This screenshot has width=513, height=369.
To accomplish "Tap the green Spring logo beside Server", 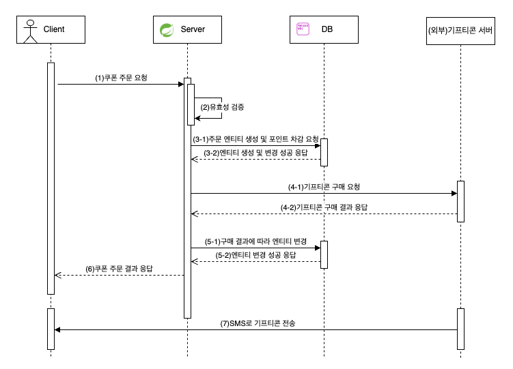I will coord(166,29).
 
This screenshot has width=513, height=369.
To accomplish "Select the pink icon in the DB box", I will coord(303,29).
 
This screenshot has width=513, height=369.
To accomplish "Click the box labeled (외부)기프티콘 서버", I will coord(460,29).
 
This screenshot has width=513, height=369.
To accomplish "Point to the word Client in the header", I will coord(54,29).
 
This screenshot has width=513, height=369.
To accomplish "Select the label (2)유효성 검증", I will coord(223,108).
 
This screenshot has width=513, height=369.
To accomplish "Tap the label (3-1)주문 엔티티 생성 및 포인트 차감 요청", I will coord(255,139).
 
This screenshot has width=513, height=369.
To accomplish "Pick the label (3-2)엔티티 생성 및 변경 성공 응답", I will coord(255,153).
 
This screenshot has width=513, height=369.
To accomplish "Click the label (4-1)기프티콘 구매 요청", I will coord(324,187).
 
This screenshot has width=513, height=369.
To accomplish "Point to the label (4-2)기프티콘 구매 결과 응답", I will coord(324,207).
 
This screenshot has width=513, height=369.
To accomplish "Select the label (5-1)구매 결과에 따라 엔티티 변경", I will coord(255,241).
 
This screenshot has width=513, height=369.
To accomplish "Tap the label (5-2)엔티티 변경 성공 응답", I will coord(255,255).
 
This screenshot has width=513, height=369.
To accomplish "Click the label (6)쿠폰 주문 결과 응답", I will coord(119,269).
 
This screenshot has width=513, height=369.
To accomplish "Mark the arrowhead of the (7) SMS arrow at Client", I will coord(57,329).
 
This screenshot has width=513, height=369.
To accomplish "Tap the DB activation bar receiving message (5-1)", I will coord(324,254).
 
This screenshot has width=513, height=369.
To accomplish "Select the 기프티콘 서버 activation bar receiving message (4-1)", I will coord(460,201).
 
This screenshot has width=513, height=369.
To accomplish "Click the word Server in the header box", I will coord(193,29).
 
